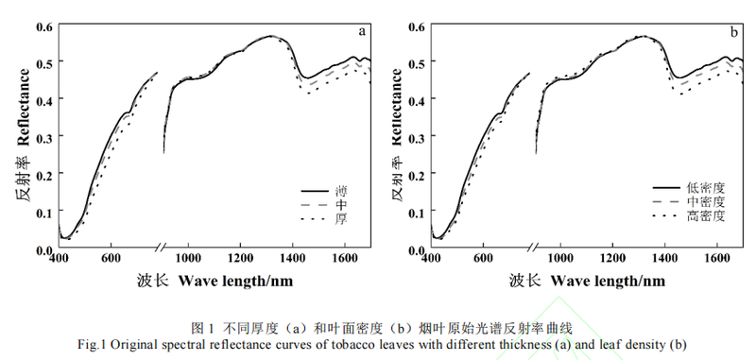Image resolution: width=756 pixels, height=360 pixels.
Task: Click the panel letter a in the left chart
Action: click(x=361, y=31)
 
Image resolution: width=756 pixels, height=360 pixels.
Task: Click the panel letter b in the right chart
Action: click(x=733, y=32)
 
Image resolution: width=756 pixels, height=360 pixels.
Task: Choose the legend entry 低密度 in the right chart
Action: click(x=706, y=187)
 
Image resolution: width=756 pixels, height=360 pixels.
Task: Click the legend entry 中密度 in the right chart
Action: click(x=706, y=202)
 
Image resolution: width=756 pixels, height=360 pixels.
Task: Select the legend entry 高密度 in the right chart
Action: click(x=706, y=216)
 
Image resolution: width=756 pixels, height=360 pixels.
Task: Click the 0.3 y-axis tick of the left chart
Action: click(x=44, y=136)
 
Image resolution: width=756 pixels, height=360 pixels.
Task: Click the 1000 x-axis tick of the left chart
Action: click(x=190, y=258)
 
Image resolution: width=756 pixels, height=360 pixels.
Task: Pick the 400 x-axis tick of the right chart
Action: click(x=432, y=258)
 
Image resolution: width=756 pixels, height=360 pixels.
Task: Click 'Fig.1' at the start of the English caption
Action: click(x=94, y=344)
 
